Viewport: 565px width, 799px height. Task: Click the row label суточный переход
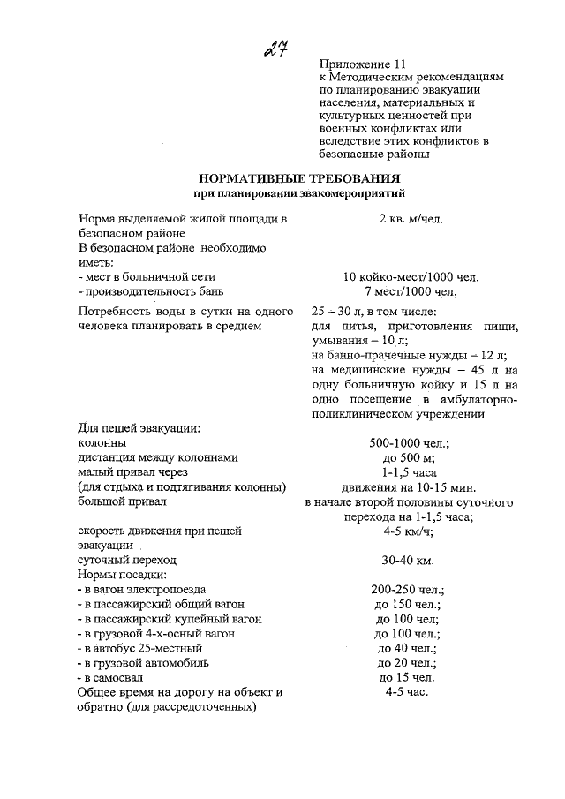coord(127,560)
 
